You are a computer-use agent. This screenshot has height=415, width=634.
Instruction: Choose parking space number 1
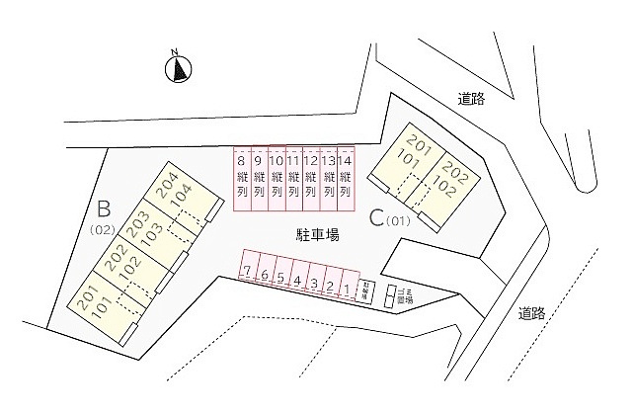tap(347, 289)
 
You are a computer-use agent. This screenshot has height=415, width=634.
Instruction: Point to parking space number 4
tap(298, 281)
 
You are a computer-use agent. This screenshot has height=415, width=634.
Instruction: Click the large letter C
tap(376, 217)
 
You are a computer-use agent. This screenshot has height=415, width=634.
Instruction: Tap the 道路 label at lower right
tap(532, 313)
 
